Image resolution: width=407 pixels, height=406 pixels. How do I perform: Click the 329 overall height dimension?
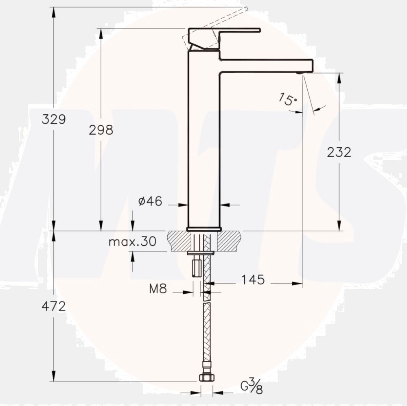pos(53,120)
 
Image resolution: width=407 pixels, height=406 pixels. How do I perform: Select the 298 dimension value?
pos(101,130)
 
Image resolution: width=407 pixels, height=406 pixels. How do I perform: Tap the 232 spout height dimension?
pos(339,152)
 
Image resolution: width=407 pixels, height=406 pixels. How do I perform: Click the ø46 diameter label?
pos(150,201)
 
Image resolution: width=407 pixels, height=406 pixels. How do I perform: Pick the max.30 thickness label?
pos(132,242)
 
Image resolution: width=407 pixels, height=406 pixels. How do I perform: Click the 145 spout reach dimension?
pos(253,280)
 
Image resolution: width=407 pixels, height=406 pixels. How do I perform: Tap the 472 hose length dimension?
pos(53,306)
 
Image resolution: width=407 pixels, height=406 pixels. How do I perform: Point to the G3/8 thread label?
pos(252,386)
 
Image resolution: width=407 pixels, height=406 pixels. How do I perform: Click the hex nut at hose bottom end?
pos(206,378)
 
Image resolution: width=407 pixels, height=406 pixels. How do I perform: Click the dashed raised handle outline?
pos(216,24)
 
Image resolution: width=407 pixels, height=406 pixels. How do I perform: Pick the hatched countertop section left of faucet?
pos(179,241)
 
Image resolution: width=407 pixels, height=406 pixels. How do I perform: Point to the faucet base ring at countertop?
pos(204,229)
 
